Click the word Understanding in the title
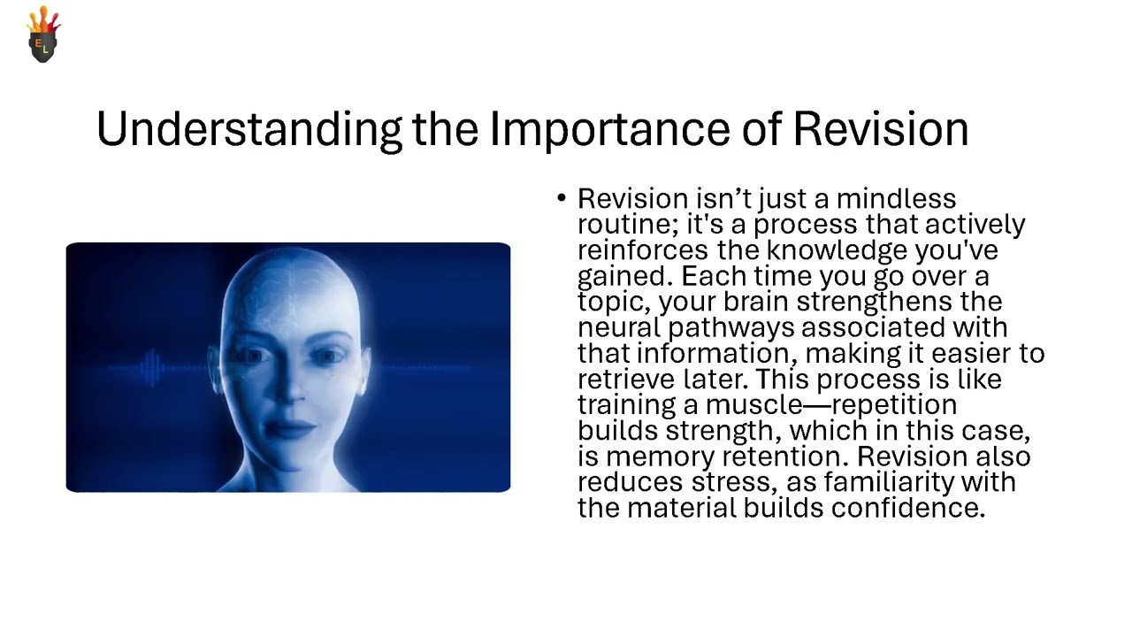pyautogui.click(x=249, y=130)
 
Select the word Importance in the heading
pyautogui.click(x=609, y=130)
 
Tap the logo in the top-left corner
pyautogui.click(x=43, y=35)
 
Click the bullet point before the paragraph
pyautogui.click(x=562, y=198)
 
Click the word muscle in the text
pyautogui.click(x=752, y=405)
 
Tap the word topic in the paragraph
pyautogui.click(x=614, y=303)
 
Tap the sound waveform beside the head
pyautogui.click(x=150, y=366)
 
